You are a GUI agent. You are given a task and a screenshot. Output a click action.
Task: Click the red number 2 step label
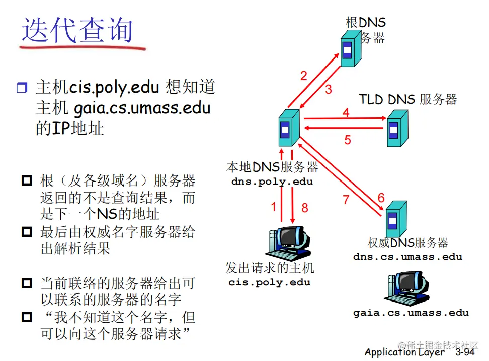click(304, 76)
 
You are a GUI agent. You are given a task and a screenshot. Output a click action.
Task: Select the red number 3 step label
click(329, 90)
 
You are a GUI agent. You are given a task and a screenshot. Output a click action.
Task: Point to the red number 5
click(348, 140)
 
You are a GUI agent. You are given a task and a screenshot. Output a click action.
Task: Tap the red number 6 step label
click(381, 198)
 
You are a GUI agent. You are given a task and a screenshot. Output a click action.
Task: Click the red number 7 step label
click(346, 200)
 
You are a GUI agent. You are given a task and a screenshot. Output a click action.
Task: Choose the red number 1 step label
click(274, 207)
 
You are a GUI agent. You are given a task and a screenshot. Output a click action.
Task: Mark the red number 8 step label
click(304, 207)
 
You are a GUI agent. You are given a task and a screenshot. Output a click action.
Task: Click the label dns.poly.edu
click(272, 182)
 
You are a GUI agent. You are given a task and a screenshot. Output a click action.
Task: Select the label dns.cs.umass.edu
click(407, 256)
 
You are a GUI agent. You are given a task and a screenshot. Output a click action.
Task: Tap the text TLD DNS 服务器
click(408, 99)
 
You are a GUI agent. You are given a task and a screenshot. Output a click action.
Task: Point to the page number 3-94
click(465, 352)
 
